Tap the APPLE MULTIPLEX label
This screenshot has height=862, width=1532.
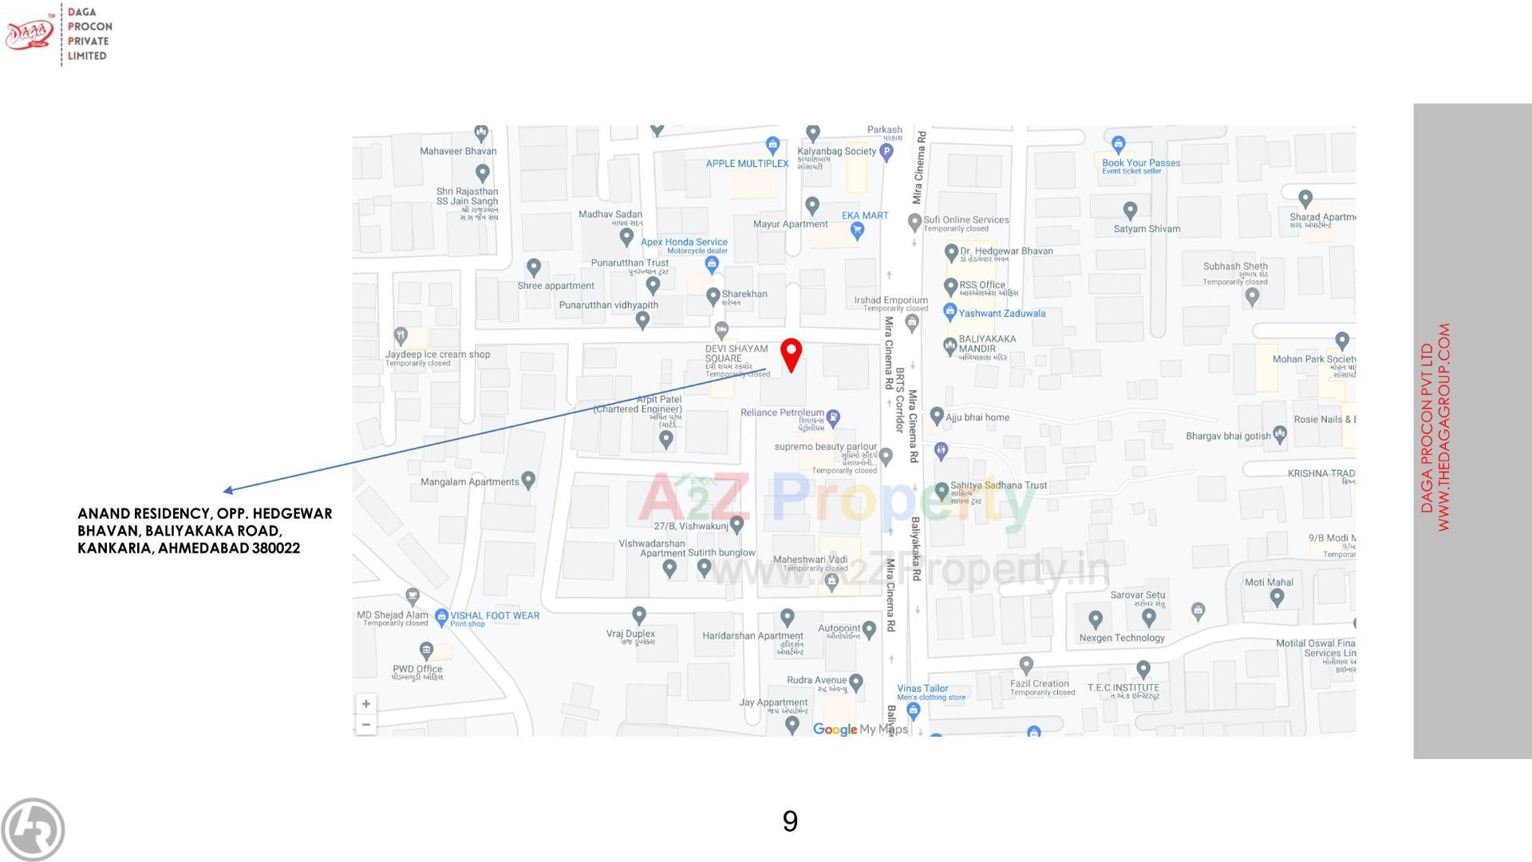point(747,164)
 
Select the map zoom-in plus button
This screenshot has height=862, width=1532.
point(366,704)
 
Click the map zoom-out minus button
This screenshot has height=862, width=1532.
point(366,725)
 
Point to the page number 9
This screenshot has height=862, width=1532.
point(790,821)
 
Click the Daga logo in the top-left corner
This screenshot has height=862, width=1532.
point(30,34)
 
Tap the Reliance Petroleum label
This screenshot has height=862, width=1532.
point(782,413)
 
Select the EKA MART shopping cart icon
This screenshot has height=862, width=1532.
point(857,231)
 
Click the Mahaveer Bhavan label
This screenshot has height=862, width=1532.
point(458,151)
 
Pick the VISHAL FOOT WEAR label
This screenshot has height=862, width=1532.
point(495,615)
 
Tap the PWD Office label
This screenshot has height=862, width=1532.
point(417,669)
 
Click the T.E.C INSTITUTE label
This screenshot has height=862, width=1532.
point(1123,687)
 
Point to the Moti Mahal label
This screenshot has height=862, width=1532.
point(1269,582)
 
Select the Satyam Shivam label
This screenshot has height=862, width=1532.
point(1147,229)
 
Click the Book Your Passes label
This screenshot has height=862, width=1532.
point(1141,163)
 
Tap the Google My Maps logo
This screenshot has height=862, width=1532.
point(860,729)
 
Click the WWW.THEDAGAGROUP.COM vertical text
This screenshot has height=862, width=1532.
point(1443,428)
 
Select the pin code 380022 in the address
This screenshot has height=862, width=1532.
point(276,548)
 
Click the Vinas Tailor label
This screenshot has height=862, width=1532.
point(922,688)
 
